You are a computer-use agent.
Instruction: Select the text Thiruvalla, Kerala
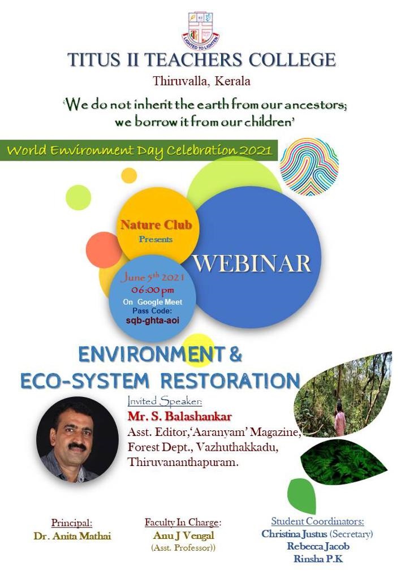[x=201, y=81]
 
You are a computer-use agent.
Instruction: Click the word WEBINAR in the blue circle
[x=252, y=263]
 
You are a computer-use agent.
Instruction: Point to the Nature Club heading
[x=156, y=225]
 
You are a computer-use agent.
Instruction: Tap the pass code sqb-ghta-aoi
[x=153, y=320]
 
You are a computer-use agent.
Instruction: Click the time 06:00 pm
[x=153, y=290]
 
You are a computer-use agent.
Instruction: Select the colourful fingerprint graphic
[x=309, y=167]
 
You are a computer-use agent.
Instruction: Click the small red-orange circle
[x=104, y=250]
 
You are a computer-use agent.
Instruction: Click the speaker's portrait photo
[x=77, y=440]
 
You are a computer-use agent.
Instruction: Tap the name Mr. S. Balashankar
[x=180, y=417]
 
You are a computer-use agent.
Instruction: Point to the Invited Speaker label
[x=165, y=401]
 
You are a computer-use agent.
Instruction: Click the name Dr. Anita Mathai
[x=72, y=536]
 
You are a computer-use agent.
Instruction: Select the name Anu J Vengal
[x=183, y=535]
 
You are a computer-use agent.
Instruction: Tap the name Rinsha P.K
[x=318, y=559]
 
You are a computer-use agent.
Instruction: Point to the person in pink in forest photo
[x=340, y=419]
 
